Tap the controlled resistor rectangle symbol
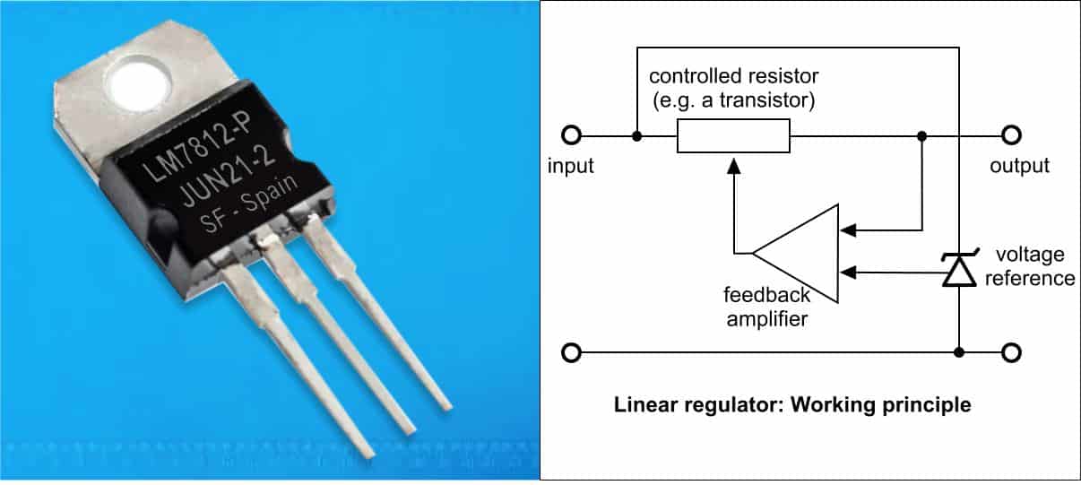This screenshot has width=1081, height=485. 733,137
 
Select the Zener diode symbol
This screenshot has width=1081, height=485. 958,270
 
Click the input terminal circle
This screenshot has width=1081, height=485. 570,136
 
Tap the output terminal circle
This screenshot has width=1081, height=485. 1011,136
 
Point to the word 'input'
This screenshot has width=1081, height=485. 571,167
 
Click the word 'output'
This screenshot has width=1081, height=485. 1019,167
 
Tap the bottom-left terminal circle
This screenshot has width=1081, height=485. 570,352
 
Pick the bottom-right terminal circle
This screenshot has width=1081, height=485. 1011,352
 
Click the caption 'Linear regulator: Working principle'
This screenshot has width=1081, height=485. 792,405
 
